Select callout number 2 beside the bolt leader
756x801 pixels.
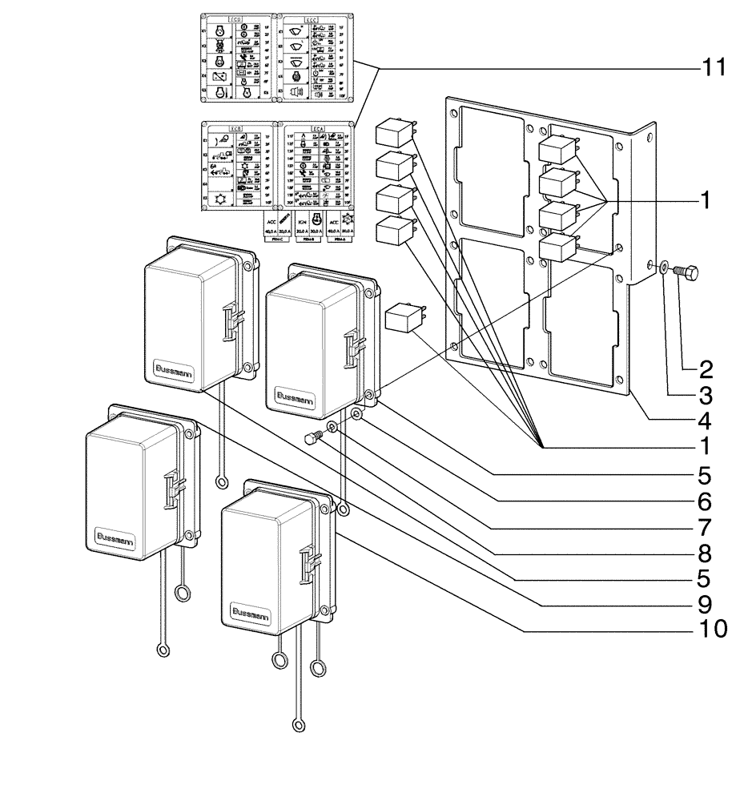705,369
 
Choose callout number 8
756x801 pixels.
705,552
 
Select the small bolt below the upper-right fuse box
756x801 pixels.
314,438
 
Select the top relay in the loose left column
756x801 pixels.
394,131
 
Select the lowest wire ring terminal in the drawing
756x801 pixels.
299,726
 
